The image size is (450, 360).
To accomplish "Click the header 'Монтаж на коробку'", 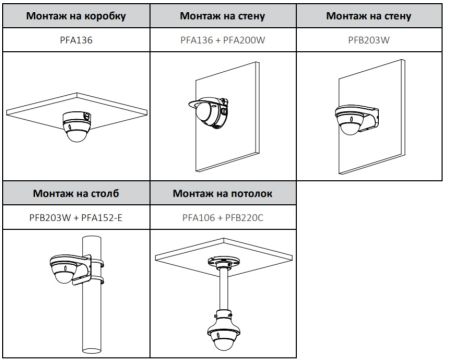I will (75, 17).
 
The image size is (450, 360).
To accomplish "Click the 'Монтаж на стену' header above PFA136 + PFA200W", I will (223, 17).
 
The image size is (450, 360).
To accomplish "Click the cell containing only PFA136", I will (75, 39).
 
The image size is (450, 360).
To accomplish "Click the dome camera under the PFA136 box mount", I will (75, 126).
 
